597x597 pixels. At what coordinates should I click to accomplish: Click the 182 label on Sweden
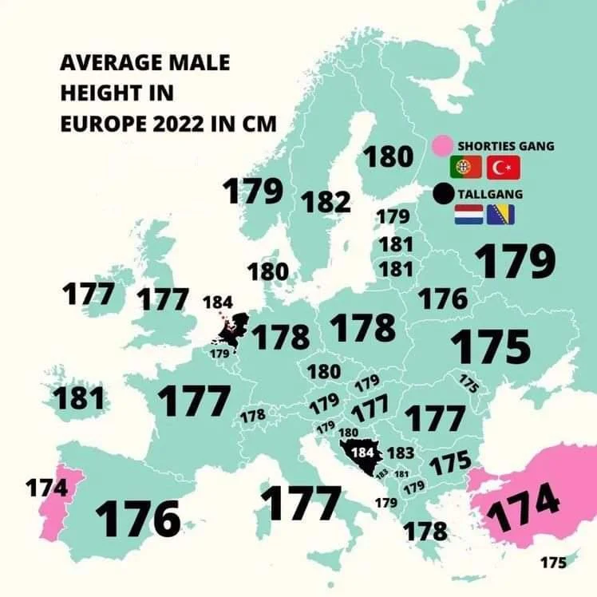pos(326,201)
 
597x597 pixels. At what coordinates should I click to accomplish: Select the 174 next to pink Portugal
pos(46,487)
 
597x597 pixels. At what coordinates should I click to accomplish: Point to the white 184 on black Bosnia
pos(362,452)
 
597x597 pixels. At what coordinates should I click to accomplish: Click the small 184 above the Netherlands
pos(218,303)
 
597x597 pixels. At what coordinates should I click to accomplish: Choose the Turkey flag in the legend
pos(503,168)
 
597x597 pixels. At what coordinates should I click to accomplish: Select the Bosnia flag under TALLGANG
pos(500,215)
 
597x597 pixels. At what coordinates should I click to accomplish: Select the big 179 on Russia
pos(515,262)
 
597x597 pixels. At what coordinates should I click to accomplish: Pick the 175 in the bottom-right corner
pos(552,563)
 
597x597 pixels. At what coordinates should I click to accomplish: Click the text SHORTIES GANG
pos(505,147)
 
